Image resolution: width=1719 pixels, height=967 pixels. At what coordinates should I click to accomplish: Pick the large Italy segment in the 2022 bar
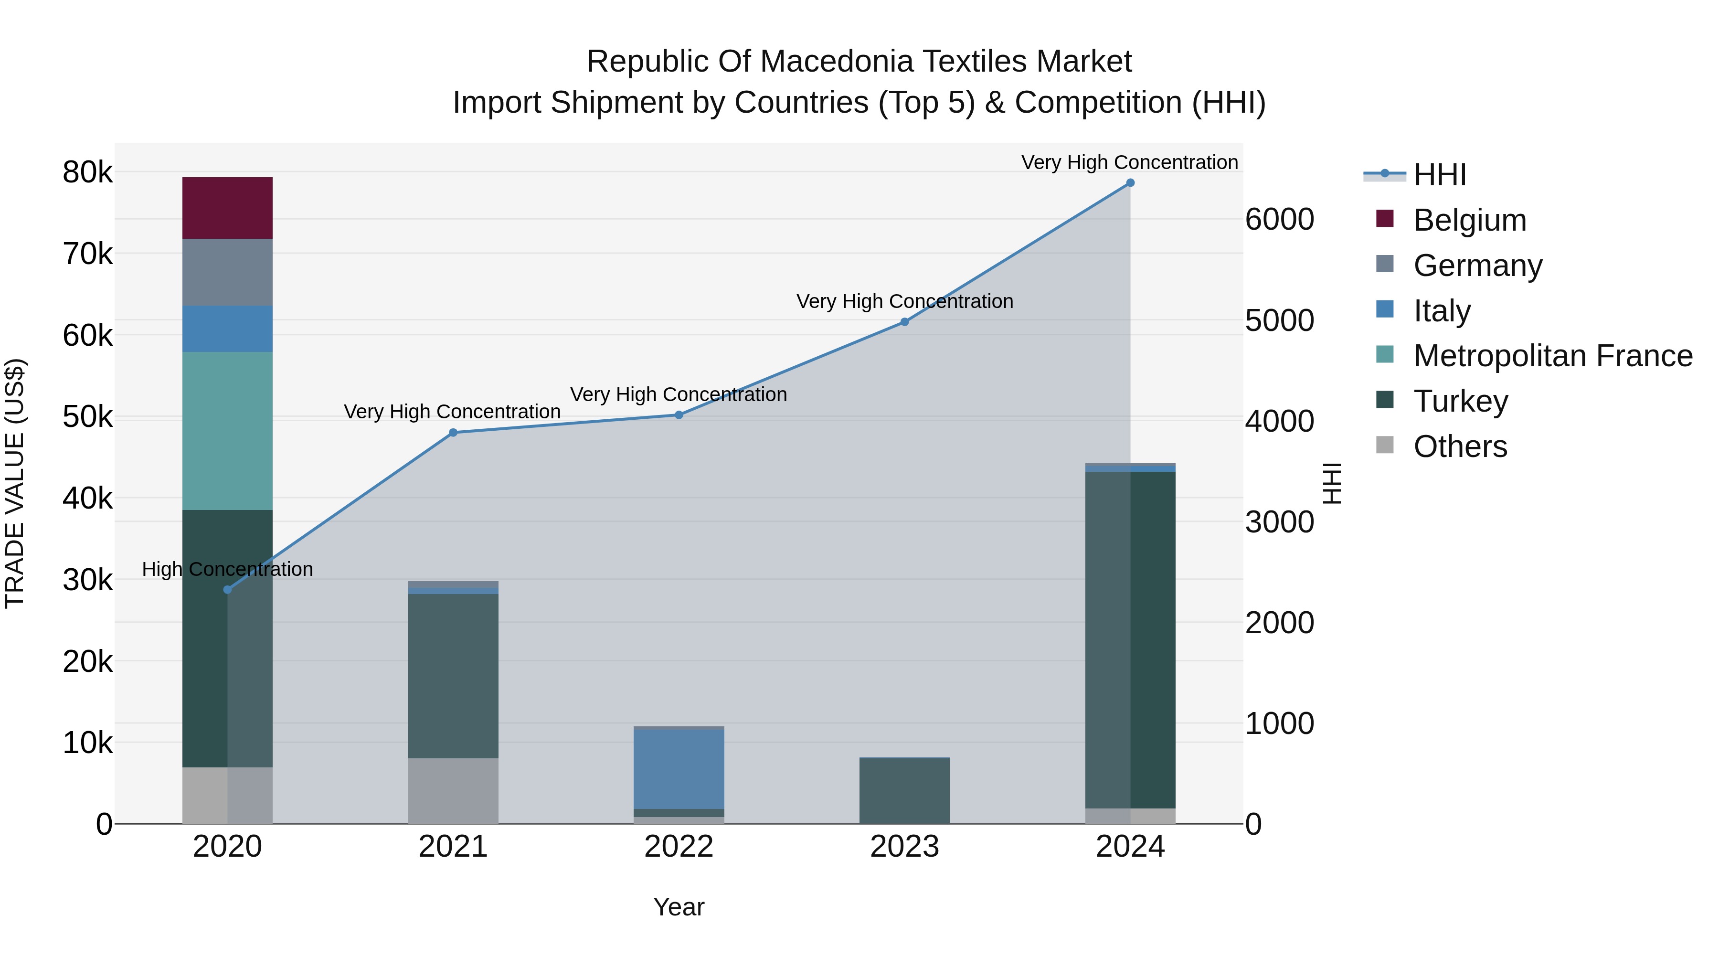679,769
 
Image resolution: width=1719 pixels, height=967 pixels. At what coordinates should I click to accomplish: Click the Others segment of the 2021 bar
453,790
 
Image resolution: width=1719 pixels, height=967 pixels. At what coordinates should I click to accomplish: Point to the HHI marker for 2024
1130,183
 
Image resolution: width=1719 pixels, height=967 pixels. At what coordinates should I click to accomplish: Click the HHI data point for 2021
453,433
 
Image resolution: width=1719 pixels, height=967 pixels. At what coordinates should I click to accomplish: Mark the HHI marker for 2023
904,322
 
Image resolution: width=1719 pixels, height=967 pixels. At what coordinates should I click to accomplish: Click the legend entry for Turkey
1460,401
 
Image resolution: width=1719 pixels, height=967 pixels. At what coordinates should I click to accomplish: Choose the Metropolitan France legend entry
1552,356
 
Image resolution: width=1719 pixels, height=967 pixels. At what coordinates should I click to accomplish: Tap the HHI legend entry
1439,175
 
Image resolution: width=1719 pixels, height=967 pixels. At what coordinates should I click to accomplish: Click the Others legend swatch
1385,445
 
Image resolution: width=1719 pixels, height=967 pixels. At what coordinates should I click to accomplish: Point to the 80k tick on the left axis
87,172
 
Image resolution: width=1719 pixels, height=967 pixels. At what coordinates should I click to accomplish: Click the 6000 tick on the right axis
1279,220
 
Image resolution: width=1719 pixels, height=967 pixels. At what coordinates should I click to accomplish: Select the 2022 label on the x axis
679,847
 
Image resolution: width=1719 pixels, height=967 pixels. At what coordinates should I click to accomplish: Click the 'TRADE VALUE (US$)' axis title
15,483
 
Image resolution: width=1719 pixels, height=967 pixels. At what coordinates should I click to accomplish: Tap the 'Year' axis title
679,907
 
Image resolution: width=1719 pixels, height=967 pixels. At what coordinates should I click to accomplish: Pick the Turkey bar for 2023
904,791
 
